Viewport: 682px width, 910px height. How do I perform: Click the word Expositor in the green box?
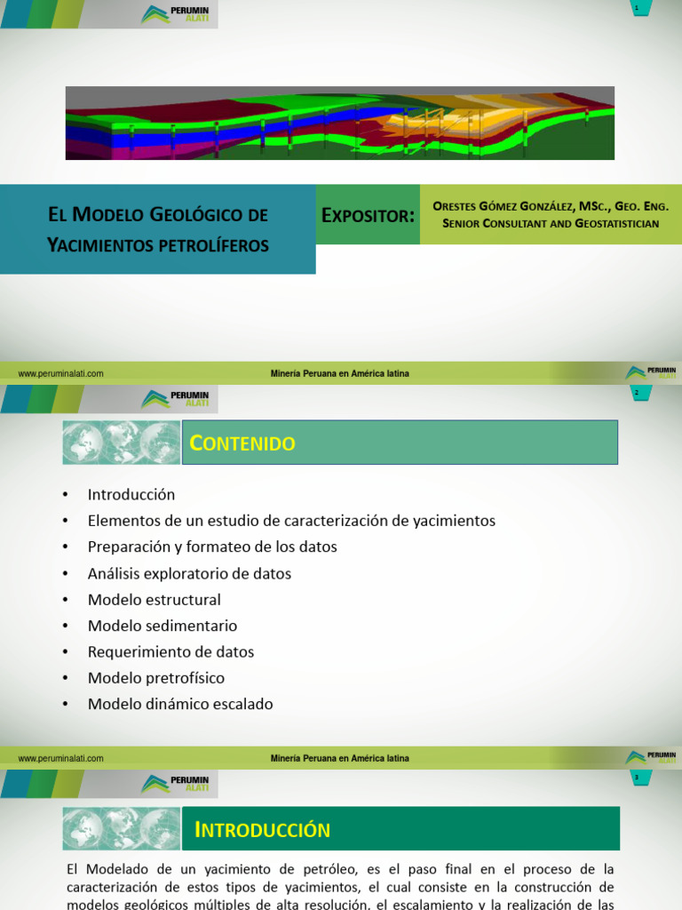[x=368, y=215]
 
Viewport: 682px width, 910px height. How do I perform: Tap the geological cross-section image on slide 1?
[x=340, y=123]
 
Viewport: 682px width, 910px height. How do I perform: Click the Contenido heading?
[x=245, y=443]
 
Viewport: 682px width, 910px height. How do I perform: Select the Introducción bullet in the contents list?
[x=131, y=494]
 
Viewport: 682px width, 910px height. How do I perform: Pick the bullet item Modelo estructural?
[x=155, y=600]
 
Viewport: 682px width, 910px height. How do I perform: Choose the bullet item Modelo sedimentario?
[x=163, y=626]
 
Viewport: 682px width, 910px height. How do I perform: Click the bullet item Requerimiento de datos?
[x=170, y=651]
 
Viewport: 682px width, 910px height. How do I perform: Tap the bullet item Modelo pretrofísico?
[x=156, y=678]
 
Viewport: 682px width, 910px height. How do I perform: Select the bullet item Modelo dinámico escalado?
[x=180, y=704]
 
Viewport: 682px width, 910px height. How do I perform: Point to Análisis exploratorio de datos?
[x=189, y=573]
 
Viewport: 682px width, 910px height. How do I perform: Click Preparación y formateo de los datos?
[x=212, y=547]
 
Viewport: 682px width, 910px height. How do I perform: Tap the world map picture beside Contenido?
[x=121, y=443]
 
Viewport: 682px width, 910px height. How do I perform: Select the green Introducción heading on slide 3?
[x=263, y=830]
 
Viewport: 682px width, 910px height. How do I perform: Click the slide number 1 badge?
[x=637, y=8]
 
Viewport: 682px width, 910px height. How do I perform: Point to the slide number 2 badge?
[x=637, y=393]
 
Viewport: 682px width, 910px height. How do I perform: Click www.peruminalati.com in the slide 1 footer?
[x=60, y=374]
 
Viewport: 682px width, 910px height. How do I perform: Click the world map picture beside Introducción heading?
[x=121, y=829]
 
